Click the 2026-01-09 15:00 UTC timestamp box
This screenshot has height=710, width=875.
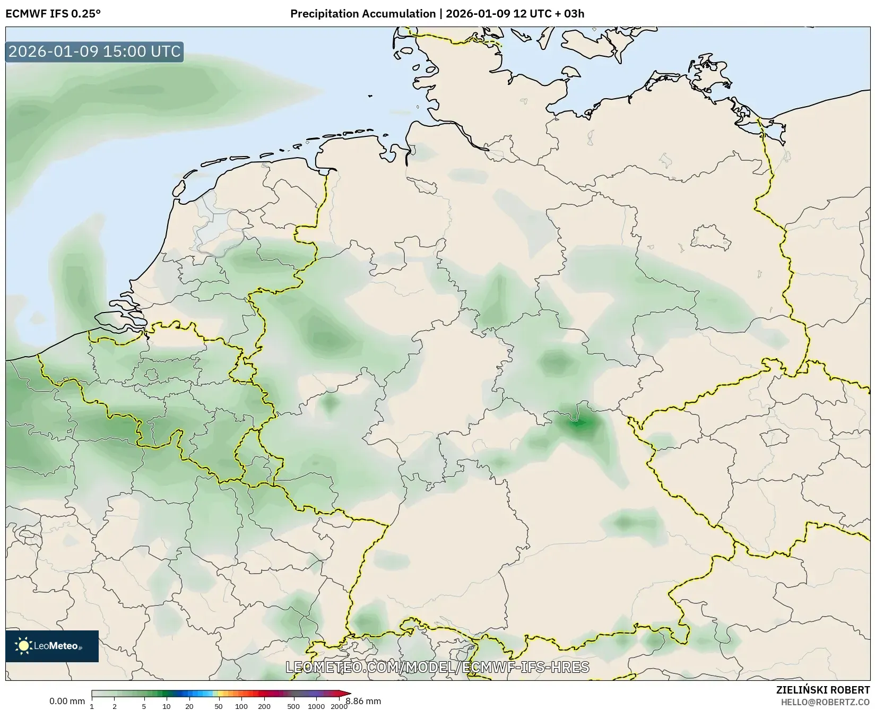(x=94, y=51)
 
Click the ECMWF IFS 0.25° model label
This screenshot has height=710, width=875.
(x=53, y=14)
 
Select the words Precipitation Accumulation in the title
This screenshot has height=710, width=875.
(x=362, y=14)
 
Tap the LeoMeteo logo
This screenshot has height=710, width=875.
(x=52, y=646)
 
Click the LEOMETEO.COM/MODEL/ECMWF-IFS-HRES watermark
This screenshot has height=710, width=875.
(x=437, y=666)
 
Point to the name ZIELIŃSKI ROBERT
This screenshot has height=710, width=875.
(x=823, y=690)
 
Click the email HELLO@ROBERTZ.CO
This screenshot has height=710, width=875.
(x=826, y=702)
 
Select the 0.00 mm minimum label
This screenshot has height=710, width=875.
(x=67, y=702)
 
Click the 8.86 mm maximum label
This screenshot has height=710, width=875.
(x=363, y=702)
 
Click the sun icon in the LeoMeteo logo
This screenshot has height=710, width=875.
(x=23, y=646)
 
